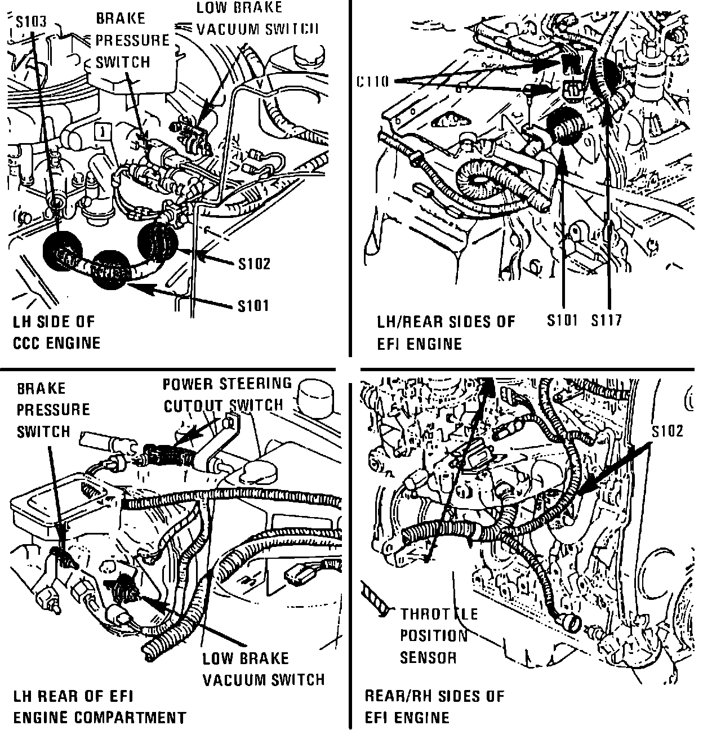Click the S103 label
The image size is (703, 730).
click(32, 23)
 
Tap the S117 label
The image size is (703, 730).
click(606, 321)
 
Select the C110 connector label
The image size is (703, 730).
click(373, 82)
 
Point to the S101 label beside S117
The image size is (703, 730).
click(563, 321)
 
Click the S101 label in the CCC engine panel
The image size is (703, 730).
click(253, 306)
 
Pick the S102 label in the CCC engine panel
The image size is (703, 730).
click(253, 264)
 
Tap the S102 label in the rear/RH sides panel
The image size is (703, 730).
click(668, 431)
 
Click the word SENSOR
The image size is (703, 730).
click(428, 657)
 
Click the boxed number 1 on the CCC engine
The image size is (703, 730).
click(101, 133)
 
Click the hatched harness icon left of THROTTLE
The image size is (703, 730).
click(375, 598)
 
